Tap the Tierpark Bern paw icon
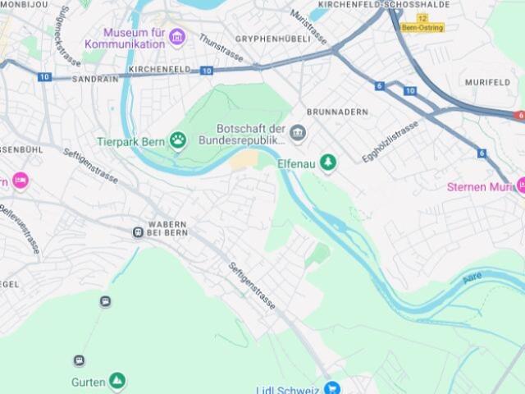pos(178,140)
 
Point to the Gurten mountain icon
pos(116,381)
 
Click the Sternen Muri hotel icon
pos(520,186)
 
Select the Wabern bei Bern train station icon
pos(138,232)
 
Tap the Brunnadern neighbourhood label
pos(337,112)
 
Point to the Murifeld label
pos(487,82)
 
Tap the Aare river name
pos(472,279)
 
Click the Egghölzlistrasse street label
pos(390,140)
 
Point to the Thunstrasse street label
pos(221,48)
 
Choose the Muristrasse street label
pos(308,27)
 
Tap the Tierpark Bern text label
pos(131,141)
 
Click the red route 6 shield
pos(518,116)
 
